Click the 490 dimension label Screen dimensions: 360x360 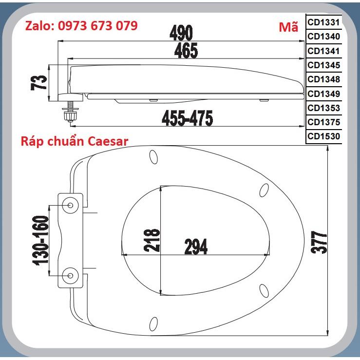pos(181,33)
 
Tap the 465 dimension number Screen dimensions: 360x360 pos(186,51)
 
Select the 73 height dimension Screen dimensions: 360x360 pos(39,83)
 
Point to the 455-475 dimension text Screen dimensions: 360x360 pos(188,118)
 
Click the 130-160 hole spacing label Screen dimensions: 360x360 pos(41,241)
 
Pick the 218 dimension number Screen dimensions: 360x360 pos(152,240)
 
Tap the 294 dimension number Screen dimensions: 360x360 pos(196,246)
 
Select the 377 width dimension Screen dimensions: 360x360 pos(319,242)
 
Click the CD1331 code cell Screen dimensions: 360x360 pos(324,22)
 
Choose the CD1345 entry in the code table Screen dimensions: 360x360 pos(324,65)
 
